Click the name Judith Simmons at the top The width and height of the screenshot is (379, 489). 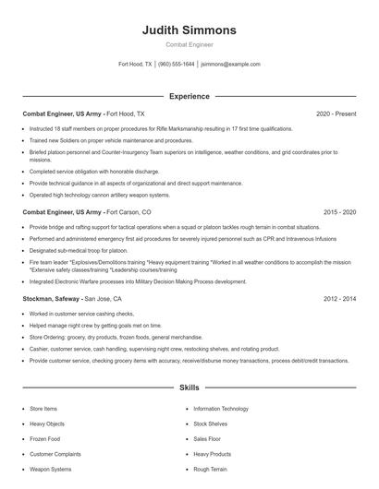189,30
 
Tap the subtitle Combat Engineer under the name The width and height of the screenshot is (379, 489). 189,44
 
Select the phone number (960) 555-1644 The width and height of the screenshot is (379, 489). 176,65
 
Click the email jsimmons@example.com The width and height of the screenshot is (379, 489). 230,65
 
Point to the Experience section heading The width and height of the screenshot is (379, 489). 189,96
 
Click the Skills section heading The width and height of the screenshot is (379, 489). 189,388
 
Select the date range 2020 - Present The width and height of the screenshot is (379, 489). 336,113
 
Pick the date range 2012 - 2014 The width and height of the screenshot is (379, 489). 337,299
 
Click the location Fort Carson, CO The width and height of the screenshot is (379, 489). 128,212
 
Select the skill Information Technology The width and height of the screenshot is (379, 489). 221,408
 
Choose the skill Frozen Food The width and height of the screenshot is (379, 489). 46,438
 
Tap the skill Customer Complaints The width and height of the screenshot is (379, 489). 55,454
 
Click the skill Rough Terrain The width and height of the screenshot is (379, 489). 210,470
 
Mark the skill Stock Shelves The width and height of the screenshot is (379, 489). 210,423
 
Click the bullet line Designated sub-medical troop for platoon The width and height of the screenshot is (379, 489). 79,250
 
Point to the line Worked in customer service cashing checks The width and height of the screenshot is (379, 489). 81,315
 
